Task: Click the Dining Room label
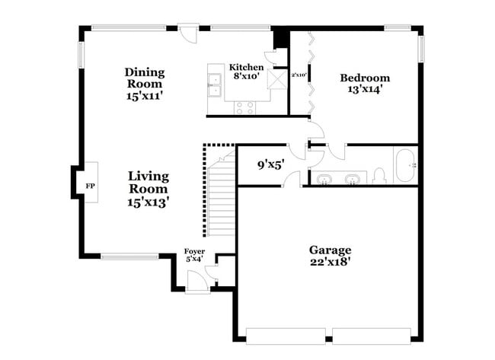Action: [x=145, y=84]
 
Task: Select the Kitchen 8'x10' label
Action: [x=247, y=72]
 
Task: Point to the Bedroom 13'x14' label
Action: [x=365, y=83]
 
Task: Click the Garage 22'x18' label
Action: [x=330, y=256]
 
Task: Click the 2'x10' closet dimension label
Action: [x=299, y=75]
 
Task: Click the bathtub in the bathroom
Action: [x=404, y=164]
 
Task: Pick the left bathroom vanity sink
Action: [x=324, y=180]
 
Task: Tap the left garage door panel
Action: [x=287, y=335]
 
